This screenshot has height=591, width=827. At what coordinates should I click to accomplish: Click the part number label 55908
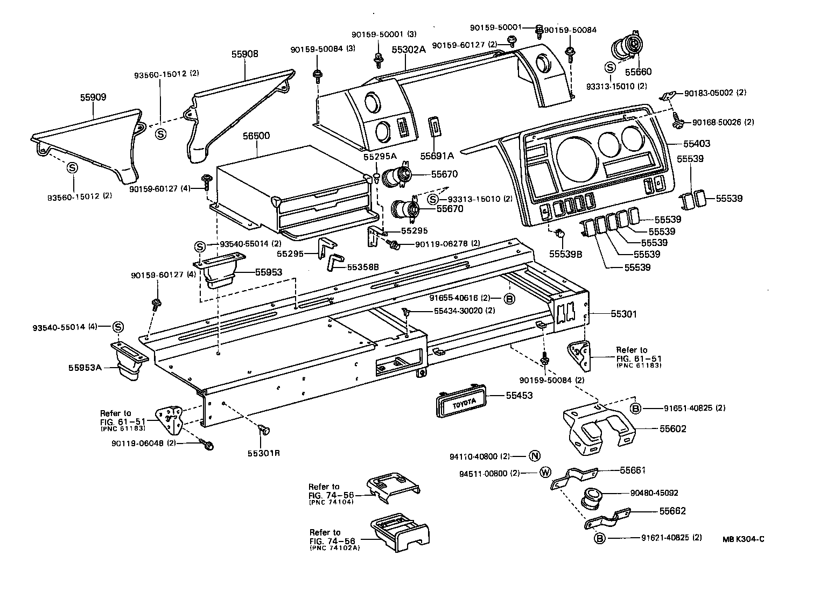tap(245, 54)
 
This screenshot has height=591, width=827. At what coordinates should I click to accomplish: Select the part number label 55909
tap(93, 97)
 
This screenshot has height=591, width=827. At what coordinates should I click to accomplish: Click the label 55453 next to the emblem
tap(519, 396)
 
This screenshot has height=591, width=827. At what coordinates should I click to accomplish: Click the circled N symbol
tap(534, 456)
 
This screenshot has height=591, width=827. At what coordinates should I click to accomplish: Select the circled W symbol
tap(545, 473)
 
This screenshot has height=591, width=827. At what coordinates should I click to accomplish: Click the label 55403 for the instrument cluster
tap(697, 144)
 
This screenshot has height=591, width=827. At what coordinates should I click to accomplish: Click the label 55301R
tap(264, 453)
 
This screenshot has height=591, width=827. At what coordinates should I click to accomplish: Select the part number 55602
tap(673, 429)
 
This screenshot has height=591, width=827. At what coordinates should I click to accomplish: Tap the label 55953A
tap(85, 368)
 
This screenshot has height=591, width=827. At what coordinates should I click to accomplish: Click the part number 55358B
tap(363, 266)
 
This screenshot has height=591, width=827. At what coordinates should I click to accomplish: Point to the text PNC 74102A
tap(335, 548)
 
